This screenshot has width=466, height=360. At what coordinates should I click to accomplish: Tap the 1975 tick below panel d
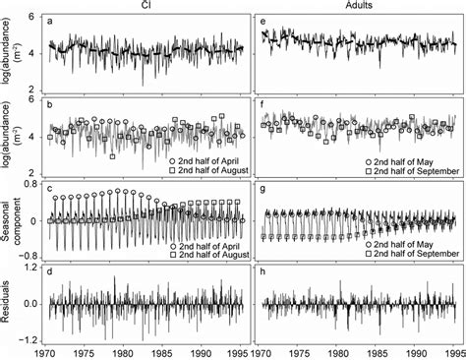tap(81, 351)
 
